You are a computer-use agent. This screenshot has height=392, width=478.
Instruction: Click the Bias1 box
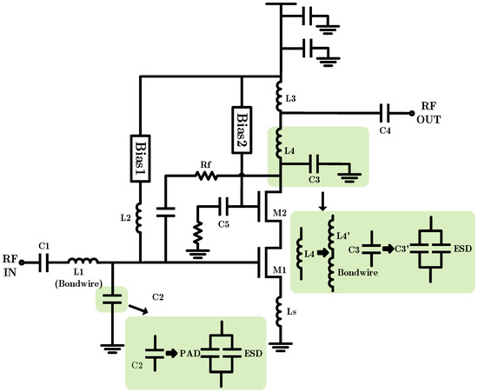click(140, 156)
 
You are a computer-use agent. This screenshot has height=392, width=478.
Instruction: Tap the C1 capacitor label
click(44, 246)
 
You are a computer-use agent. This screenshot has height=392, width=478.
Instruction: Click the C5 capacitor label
click(224, 223)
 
